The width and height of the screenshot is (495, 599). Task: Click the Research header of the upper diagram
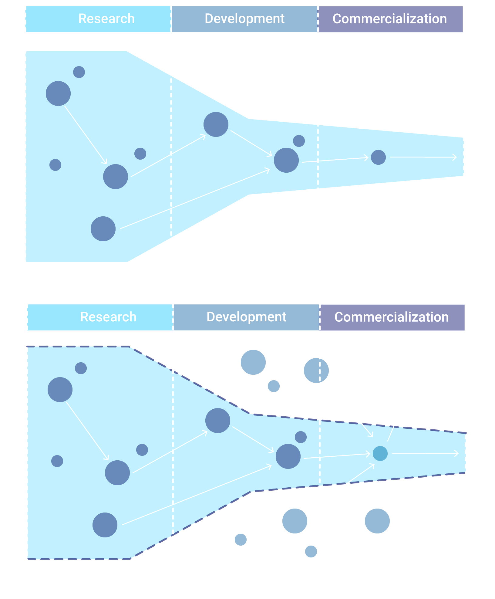click(x=106, y=19)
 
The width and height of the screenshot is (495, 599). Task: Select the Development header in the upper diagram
click(x=244, y=19)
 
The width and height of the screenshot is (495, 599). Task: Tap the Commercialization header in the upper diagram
click(x=390, y=19)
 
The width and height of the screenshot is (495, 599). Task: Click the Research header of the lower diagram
click(x=108, y=317)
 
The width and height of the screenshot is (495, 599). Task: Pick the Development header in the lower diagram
click(x=246, y=317)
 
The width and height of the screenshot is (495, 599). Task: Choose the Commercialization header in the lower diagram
click(x=392, y=317)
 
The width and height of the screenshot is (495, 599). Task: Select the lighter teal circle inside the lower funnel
click(x=380, y=454)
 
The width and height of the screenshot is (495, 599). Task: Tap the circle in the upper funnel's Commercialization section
click(x=378, y=157)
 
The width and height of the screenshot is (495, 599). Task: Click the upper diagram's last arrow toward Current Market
click(x=423, y=157)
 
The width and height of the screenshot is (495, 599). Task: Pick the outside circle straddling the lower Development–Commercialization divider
click(x=316, y=371)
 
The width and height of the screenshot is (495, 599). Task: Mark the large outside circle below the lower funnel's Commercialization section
click(x=377, y=521)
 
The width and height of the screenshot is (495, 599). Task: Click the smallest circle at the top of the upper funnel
click(x=79, y=72)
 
